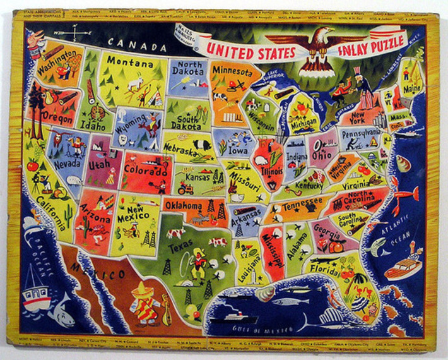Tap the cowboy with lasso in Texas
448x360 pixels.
coord(199,261)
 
